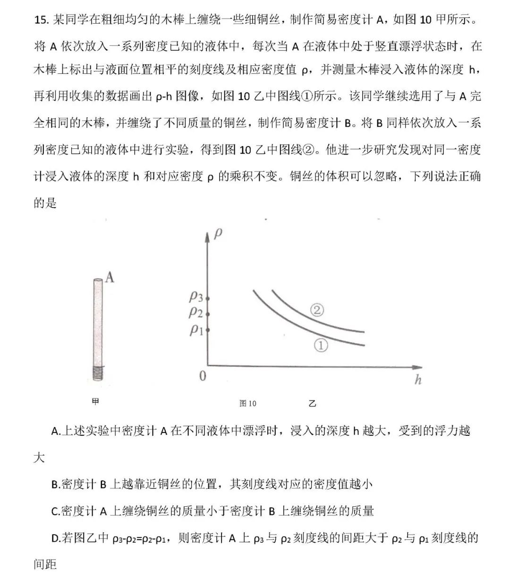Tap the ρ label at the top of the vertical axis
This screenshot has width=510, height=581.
[218, 233]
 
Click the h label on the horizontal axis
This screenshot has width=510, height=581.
[417, 380]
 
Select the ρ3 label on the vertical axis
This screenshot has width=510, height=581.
[196, 297]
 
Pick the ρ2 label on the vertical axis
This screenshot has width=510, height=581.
[196, 312]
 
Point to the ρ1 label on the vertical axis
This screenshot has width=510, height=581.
[196, 330]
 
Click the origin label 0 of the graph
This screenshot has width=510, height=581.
[203, 376]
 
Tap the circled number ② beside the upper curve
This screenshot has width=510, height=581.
[317, 310]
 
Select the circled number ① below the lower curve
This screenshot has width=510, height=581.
[320, 346]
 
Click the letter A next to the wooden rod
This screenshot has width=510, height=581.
[110, 277]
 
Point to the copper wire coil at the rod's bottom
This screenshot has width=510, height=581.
[98, 373]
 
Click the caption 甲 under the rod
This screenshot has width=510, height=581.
[96, 402]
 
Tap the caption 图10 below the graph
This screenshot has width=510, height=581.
[247, 403]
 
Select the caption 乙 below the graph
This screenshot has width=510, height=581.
[312, 404]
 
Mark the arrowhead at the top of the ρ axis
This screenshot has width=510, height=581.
[207, 237]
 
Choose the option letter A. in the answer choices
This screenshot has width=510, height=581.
[56, 431]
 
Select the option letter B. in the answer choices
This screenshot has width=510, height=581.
[56, 485]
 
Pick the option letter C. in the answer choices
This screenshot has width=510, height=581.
[56, 512]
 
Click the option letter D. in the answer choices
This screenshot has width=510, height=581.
[56, 538]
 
